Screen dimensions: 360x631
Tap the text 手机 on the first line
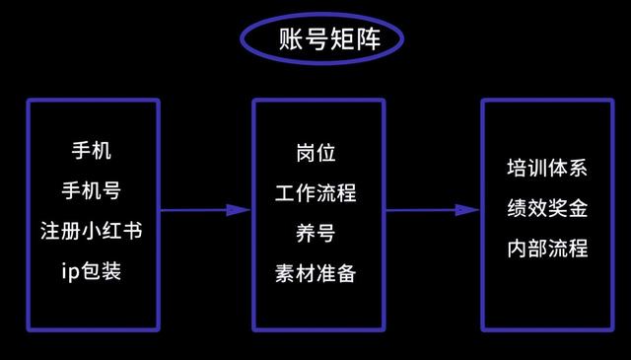coord(93,153)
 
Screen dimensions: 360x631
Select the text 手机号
coord(92,189)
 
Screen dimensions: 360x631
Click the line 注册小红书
coord(92,231)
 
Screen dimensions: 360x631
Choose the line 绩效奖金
coord(546,208)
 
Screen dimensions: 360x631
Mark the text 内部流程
coord(546,248)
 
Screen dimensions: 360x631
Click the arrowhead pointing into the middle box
coord(240,210)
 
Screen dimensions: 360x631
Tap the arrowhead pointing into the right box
coord(467,210)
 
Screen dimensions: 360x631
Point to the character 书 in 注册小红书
coord(130,231)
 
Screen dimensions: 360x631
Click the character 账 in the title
coord(268,39)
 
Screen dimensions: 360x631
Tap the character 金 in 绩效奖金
coord(578,208)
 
